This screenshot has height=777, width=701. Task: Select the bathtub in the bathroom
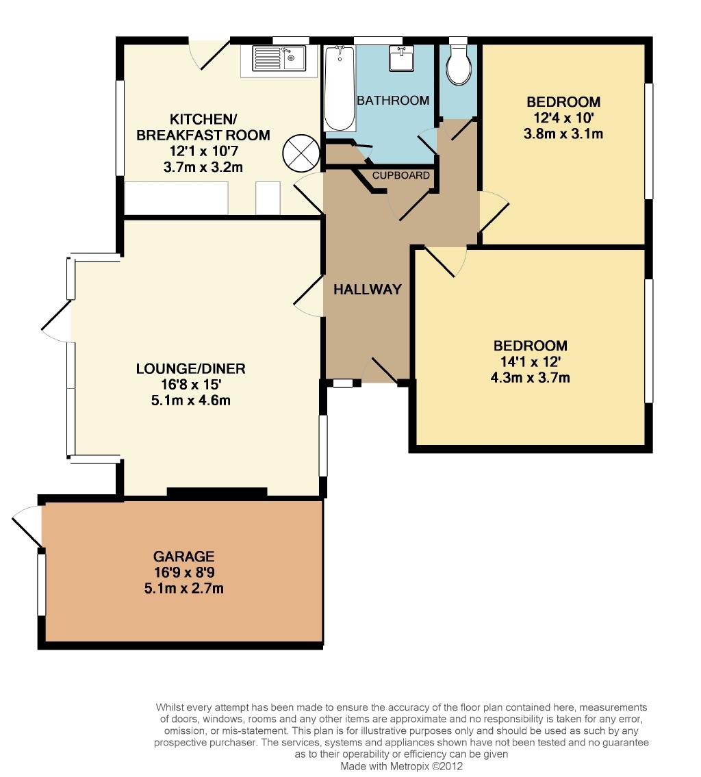coord(340,88)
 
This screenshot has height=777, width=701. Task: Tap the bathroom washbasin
coord(401,58)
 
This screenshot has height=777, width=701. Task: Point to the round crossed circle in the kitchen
coord(301,153)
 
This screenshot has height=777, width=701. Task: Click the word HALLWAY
coord(367,290)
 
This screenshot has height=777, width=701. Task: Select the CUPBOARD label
coord(400,175)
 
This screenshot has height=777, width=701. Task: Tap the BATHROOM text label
coord(393,101)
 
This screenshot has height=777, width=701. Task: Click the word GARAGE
coord(183,557)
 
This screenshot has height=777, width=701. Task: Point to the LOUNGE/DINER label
coord(191,369)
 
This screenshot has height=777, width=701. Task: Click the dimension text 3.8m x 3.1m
coord(563,133)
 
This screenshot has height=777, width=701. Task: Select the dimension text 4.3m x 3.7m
coord(530,378)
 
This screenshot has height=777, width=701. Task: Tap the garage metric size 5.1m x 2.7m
coord(183,589)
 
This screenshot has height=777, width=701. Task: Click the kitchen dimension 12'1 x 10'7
coord(203,151)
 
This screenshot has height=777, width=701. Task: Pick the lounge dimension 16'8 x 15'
coord(191,385)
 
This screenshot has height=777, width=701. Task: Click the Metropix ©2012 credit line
coord(401,766)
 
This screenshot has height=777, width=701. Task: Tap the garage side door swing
coord(27,526)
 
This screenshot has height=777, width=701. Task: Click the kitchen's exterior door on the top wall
coord(209,55)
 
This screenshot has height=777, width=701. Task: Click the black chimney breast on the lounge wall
coord(217,492)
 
